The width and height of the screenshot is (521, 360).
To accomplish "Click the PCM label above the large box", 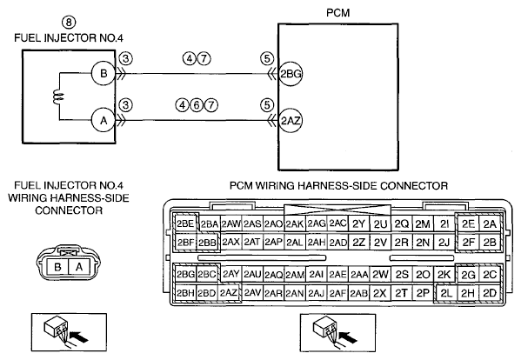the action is point(338,13).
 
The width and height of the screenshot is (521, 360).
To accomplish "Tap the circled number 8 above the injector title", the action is point(69,23).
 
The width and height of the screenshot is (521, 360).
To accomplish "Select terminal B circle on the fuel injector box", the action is point(104,73).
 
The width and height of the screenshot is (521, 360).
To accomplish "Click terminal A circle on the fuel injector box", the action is point(104,120).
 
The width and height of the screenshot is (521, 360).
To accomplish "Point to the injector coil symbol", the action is point(59,97).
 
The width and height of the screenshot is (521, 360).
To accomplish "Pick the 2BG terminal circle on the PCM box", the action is point(291,73).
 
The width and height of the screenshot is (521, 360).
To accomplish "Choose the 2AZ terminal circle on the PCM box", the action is point(291,121).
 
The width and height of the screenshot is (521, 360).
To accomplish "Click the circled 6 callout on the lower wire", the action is point(197,105).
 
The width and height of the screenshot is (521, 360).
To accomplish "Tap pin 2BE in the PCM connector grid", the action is point(185,223).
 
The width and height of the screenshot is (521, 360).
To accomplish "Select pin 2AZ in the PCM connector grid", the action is point(229,293).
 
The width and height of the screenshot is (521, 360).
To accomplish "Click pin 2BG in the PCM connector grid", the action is point(185,274).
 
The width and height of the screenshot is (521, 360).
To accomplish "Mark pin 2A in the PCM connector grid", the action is point(490,224).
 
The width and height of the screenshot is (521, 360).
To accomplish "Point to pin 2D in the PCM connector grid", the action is point(490,293).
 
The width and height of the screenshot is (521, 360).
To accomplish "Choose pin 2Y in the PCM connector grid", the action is point(358,224).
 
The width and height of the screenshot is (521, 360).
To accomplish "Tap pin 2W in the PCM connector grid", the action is point(380,274).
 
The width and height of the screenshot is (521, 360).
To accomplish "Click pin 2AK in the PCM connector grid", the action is point(294,224).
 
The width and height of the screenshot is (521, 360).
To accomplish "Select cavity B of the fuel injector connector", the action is point(57,267).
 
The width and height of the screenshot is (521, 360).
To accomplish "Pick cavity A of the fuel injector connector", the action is point(79,267).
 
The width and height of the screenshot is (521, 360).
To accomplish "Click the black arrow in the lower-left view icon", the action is point(80,337).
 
